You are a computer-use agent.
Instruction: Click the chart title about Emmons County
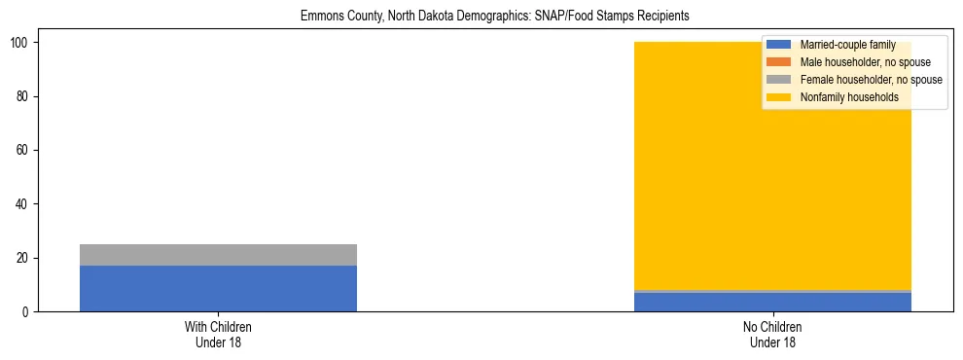coord(481,17)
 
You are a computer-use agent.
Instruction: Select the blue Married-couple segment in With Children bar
coord(218,288)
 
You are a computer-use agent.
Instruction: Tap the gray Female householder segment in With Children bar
coord(218,255)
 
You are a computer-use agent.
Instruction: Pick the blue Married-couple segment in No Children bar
coord(772,303)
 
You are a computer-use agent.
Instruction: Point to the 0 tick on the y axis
coord(27,311)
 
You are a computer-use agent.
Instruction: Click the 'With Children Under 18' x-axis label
coord(218,334)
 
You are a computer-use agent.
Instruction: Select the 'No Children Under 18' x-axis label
coord(772,334)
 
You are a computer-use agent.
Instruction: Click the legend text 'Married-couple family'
coord(846,45)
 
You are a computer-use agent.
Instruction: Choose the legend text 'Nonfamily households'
coord(847,97)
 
